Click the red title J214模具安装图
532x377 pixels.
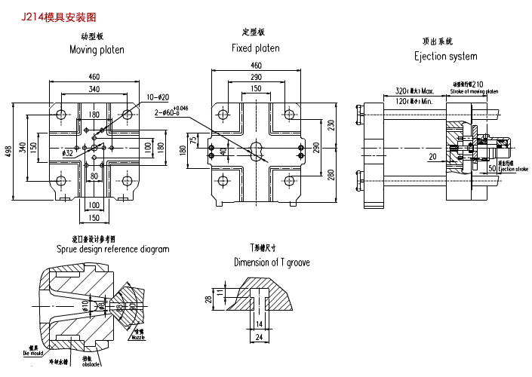(x=59, y=16)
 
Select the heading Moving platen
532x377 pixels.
(x=97, y=50)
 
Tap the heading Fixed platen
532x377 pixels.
(x=255, y=48)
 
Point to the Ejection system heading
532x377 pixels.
(x=445, y=56)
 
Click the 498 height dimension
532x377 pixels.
(x=9, y=151)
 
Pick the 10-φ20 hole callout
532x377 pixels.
(x=158, y=97)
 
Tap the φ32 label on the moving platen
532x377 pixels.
(x=68, y=153)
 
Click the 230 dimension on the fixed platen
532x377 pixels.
(x=331, y=126)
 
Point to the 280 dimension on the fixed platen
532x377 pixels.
(x=331, y=175)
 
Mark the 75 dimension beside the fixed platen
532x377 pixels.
(x=193, y=139)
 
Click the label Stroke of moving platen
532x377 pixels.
(x=474, y=91)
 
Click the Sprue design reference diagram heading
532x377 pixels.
(x=112, y=249)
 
